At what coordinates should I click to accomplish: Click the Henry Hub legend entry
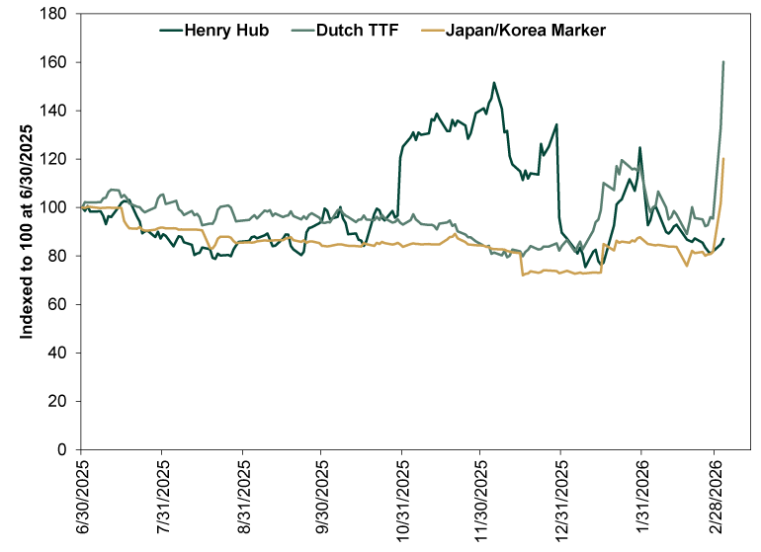coord(228,31)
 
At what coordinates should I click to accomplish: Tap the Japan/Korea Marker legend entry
coord(526,31)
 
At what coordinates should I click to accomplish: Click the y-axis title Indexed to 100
coord(28,231)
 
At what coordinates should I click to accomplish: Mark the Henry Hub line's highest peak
coord(493,83)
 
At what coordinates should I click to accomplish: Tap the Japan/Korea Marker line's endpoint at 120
coord(724,159)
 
